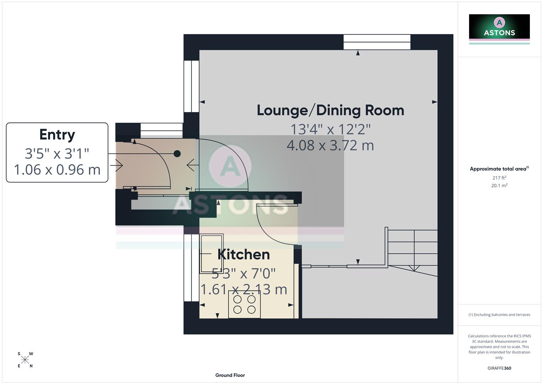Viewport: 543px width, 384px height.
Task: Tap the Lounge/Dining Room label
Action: click(330, 111)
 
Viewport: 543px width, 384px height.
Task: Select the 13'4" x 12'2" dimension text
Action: click(330, 129)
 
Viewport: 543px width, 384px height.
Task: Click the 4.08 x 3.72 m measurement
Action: click(330, 145)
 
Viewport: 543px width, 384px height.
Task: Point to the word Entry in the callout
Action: click(57, 135)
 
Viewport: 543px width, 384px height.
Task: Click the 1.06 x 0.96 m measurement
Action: click(57, 170)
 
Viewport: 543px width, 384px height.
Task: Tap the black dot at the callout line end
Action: click(177, 154)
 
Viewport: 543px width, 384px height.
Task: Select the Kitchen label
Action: click(244, 255)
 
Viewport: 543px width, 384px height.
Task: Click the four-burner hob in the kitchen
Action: click(244, 304)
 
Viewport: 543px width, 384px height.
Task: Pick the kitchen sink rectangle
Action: click(212, 254)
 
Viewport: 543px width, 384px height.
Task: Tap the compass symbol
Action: click(25, 360)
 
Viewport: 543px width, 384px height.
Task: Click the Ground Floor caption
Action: click(230, 375)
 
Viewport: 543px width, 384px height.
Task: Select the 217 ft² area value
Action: click(499, 178)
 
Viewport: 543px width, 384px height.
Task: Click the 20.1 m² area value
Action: click(499, 186)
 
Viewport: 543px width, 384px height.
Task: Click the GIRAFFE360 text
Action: click(499, 368)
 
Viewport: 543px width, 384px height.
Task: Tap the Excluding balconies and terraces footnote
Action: click(499, 315)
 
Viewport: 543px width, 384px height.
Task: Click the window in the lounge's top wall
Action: click(377, 42)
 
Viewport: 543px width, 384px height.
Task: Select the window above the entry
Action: click(161, 130)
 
